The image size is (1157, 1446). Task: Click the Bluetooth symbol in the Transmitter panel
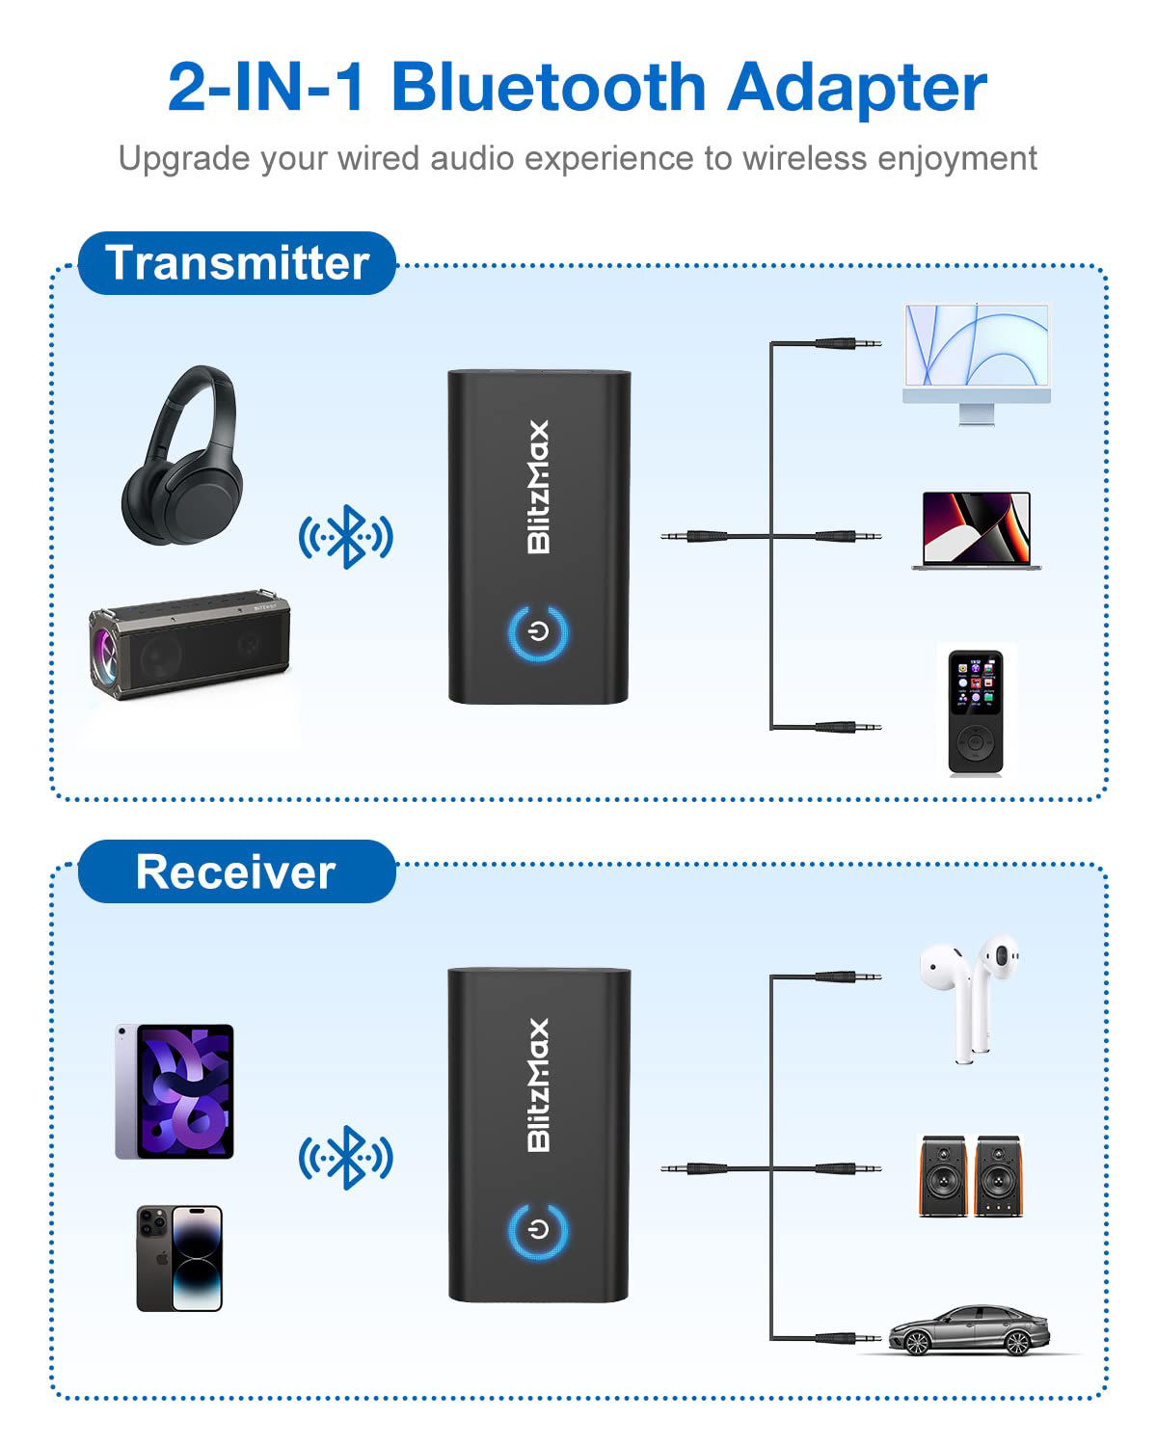pyautogui.click(x=346, y=537)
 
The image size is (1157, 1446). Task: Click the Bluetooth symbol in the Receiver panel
pyautogui.click(x=346, y=1158)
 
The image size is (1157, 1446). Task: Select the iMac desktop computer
pyautogui.click(x=976, y=361)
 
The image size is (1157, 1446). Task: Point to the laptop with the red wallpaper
pyautogui.click(x=977, y=530)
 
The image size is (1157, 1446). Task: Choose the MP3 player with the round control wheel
pyautogui.click(x=975, y=711)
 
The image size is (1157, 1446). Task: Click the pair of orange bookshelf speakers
pyautogui.click(x=968, y=1176)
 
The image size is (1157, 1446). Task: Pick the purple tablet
pyautogui.click(x=175, y=1091)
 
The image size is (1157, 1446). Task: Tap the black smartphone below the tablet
pyautogui.click(x=179, y=1258)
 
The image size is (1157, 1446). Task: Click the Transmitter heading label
pyautogui.click(x=237, y=263)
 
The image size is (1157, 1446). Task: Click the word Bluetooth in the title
pyautogui.click(x=549, y=87)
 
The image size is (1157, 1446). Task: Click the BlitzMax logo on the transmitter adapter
pyautogui.click(x=538, y=487)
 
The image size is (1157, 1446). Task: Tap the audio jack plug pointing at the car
pyautogui.click(x=848, y=1338)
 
